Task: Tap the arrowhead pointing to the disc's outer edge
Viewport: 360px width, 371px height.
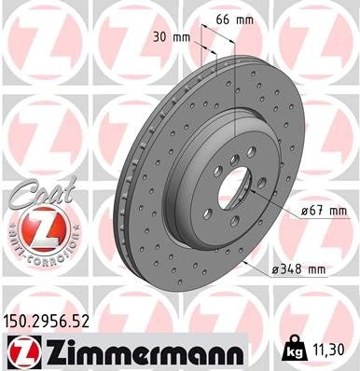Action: pos(243,262)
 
